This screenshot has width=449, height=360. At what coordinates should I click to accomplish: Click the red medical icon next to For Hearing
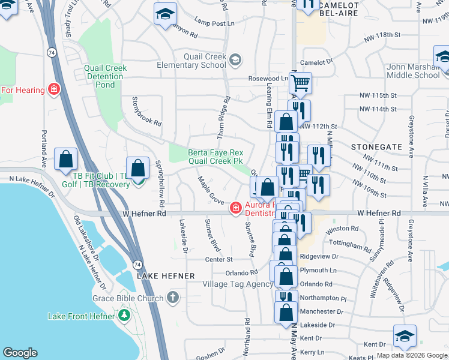pyautogui.click(x=54, y=90)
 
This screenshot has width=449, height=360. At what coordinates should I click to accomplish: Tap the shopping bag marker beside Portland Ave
pyautogui.click(x=66, y=160)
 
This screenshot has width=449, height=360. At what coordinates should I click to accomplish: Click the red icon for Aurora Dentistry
pyautogui.click(x=236, y=208)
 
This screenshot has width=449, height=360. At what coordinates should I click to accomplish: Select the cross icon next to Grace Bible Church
pyautogui.click(x=172, y=298)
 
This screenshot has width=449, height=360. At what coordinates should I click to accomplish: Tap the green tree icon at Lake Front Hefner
pyautogui.click(x=124, y=315)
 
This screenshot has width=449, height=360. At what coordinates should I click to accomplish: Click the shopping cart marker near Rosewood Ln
pyautogui.click(x=300, y=82)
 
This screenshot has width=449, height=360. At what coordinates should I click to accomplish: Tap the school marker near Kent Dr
pyautogui.click(x=405, y=337)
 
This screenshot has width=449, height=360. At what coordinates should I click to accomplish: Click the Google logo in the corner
pyautogui.click(x=20, y=353)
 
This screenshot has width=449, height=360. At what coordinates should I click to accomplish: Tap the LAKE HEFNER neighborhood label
pyautogui.click(x=166, y=275)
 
